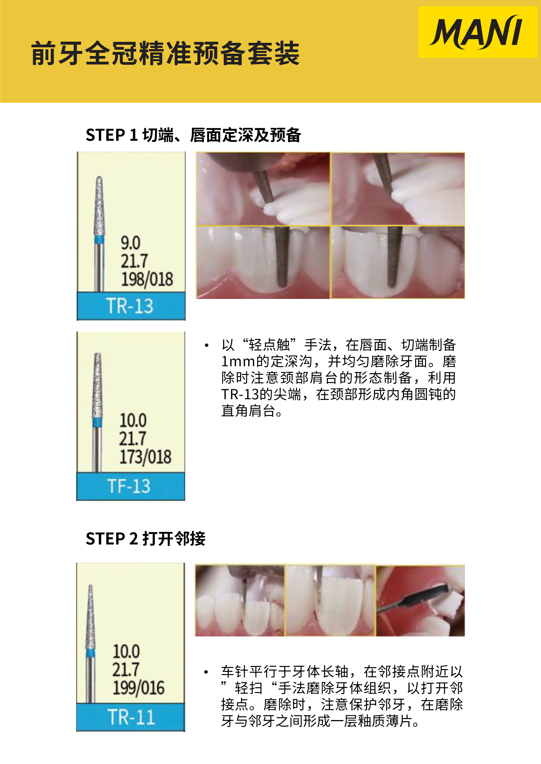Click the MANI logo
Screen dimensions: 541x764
pos(477,32)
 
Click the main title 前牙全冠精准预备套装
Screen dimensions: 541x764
pos(165,53)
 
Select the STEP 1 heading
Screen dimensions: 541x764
pos(193,135)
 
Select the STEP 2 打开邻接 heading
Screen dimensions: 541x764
pos(146,538)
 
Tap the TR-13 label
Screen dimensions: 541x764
pos(130,306)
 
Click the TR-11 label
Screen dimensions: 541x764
pos(131,717)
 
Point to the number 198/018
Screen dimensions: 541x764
pos(147,279)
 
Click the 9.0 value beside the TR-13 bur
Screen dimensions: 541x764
pos(130,243)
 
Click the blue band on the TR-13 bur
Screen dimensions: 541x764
pos(99,239)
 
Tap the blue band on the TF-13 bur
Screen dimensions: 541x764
pos(97,423)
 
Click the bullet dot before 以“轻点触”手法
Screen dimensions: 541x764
pos(207,345)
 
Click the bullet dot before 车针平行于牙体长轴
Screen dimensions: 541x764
pos(206,672)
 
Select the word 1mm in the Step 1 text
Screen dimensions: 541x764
pos(238,361)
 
